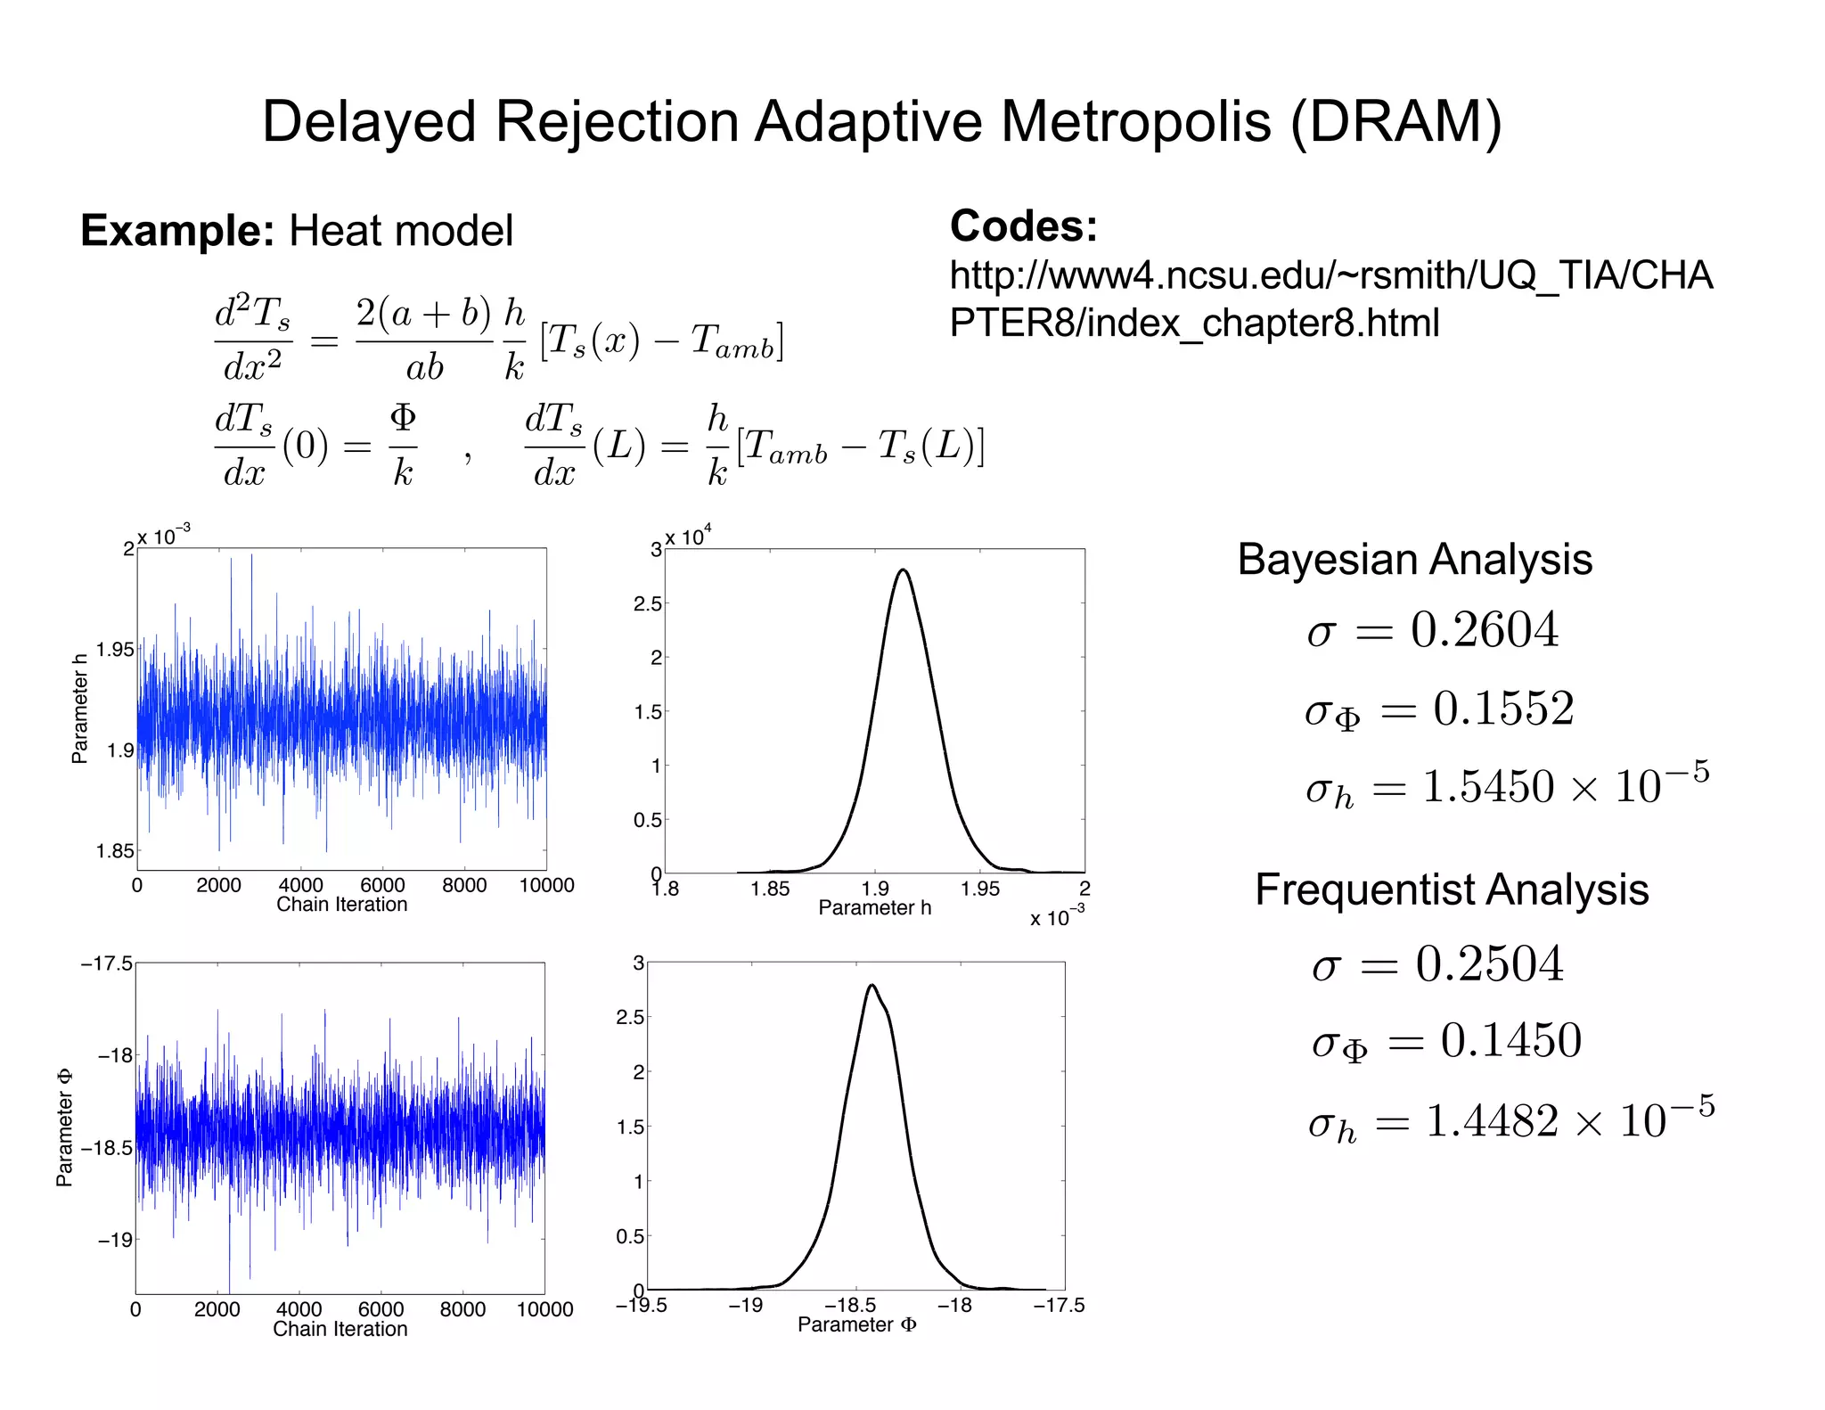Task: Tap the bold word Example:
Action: [x=177, y=231]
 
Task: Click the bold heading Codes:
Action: [x=1023, y=225]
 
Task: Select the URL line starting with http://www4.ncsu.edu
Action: [x=1330, y=275]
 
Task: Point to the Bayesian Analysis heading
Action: [x=1414, y=560]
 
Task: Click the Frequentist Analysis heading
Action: [x=1452, y=889]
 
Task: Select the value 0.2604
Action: [x=1484, y=630]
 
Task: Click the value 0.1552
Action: [x=1503, y=709]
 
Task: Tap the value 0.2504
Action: [x=1489, y=963]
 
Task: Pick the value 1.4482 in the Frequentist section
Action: [x=1492, y=1120]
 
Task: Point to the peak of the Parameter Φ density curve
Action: [x=872, y=985]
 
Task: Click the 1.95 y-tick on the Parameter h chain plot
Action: [x=115, y=650]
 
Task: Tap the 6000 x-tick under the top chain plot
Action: [x=382, y=885]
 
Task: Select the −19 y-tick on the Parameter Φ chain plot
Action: [x=114, y=1240]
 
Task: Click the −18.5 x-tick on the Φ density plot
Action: [x=849, y=1305]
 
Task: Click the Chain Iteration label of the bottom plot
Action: [x=340, y=1329]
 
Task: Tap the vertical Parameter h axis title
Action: [x=79, y=709]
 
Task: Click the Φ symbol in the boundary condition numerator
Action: [x=403, y=416]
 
